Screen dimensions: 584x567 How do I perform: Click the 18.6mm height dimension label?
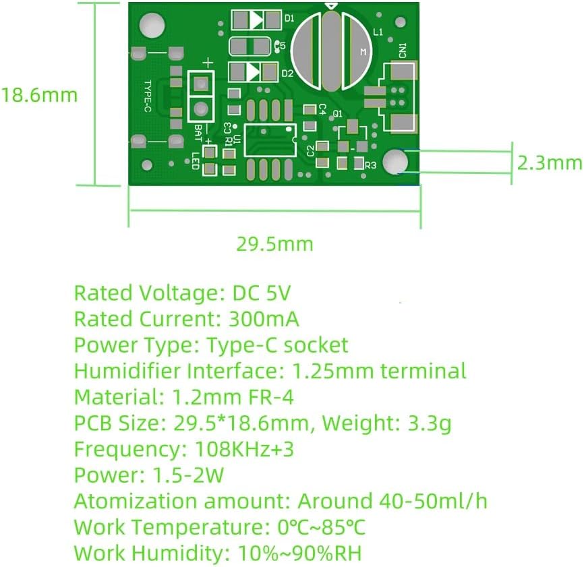40,95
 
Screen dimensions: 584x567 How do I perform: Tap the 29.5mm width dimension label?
275,244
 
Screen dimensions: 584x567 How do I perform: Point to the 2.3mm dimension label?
550,162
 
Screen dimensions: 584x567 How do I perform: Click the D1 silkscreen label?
289,18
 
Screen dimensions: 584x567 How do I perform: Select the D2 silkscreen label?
287,73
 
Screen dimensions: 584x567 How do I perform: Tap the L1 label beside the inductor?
378,32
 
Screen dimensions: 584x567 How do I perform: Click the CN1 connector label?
403,51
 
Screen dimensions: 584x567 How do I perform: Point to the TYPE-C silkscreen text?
148,96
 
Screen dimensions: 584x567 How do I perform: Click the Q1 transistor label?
337,113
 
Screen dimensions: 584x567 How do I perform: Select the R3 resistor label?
370,165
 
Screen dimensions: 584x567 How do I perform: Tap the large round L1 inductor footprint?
331,52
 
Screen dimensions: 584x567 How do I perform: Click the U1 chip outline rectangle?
270,140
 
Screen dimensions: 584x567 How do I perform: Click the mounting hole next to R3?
396,162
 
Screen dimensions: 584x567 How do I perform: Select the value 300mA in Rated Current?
263,319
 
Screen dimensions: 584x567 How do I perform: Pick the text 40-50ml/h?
433,501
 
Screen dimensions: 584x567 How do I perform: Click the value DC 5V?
261,293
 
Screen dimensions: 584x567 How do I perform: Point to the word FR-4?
271,397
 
